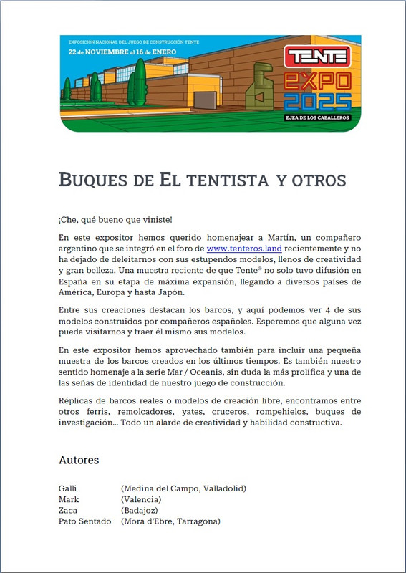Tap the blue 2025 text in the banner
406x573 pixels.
coord(317,101)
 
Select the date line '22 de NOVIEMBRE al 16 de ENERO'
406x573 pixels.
coord(111,52)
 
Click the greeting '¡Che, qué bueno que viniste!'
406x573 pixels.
coord(115,219)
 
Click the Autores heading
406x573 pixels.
coord(79,460)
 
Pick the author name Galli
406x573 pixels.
coord(68,488)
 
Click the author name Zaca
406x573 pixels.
coord(68,510)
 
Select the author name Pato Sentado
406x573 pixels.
coord(84,521)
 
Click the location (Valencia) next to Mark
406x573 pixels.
coord(141,499)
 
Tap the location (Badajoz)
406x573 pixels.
coord(142,510)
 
